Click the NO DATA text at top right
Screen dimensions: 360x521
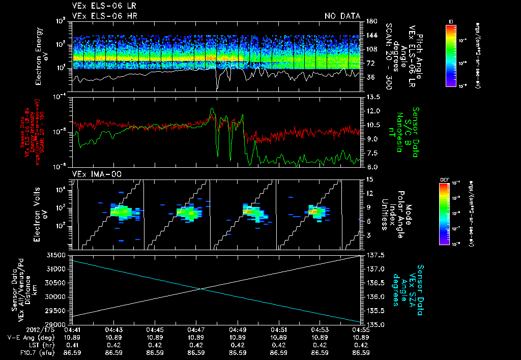click(x=342, y=16)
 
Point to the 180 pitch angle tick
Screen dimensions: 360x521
click(x=371, y=21)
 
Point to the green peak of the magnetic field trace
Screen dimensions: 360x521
click(x=213, y=109)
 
